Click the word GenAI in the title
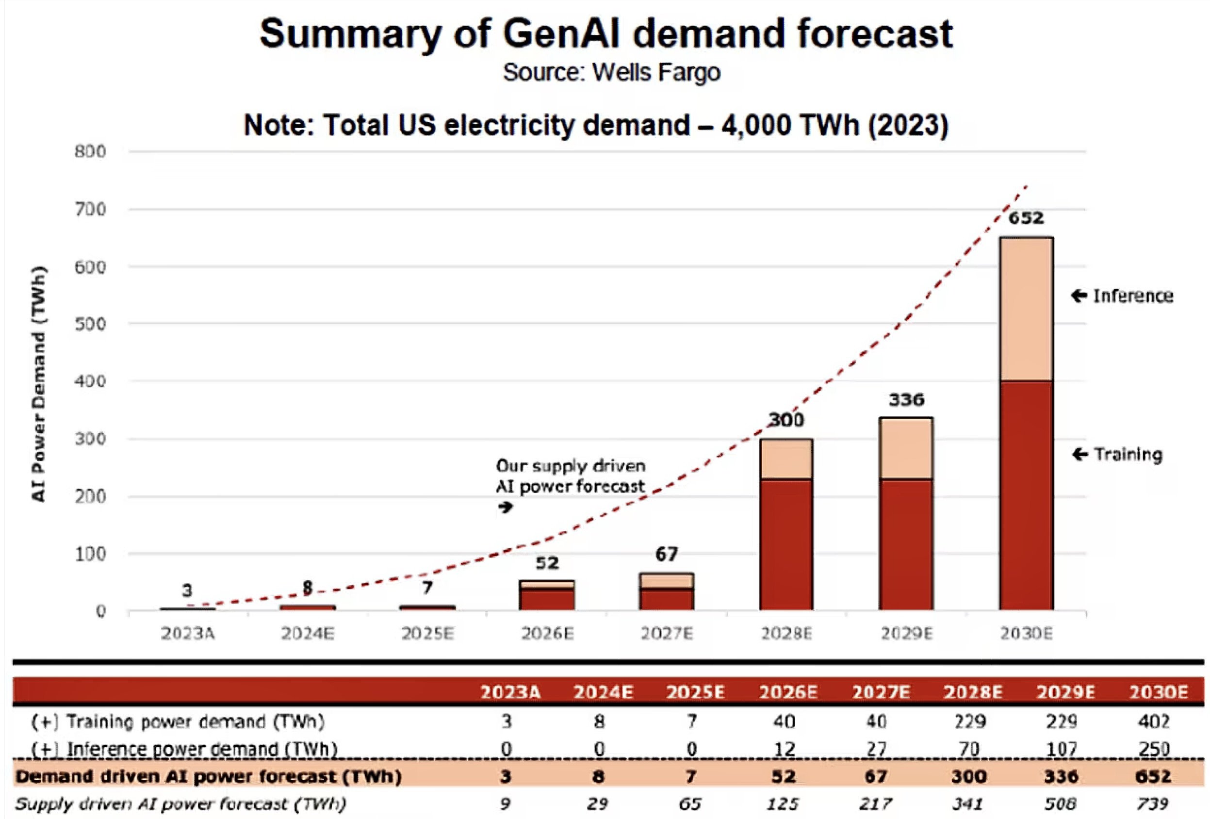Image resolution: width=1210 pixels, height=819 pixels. [x=562, y=34]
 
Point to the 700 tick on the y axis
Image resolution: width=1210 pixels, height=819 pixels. [x=90, y=209]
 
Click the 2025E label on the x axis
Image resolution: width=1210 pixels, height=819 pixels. [x=427, y=634]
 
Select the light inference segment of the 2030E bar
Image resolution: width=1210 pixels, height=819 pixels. [x=1026, y=309]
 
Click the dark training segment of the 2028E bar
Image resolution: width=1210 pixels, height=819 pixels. [x=786, y=544]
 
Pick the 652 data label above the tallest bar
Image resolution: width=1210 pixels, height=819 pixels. [x=1026, y=218]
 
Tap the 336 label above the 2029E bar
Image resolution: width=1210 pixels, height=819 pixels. [x=906, y=399]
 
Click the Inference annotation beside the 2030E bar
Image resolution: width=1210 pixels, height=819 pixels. [x=1132, y=296]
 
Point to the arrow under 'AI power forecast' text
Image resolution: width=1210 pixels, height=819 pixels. [x=506, y=507]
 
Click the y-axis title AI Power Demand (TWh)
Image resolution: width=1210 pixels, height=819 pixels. [x=38, y=384]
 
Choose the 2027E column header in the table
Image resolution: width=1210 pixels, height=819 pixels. [x=881, y=691]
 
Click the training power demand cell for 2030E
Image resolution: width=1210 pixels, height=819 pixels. [x=1154, y=721]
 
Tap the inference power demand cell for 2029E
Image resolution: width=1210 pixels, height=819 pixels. [x=1061, y=749]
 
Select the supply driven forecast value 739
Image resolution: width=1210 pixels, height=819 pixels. [x=1153, y=804]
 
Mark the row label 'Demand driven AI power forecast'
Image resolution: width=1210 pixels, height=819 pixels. [x=208, y=776]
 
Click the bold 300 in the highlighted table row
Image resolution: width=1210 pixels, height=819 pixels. [x=968, y=776]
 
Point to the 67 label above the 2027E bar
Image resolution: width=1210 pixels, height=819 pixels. [x=667, y=555]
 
